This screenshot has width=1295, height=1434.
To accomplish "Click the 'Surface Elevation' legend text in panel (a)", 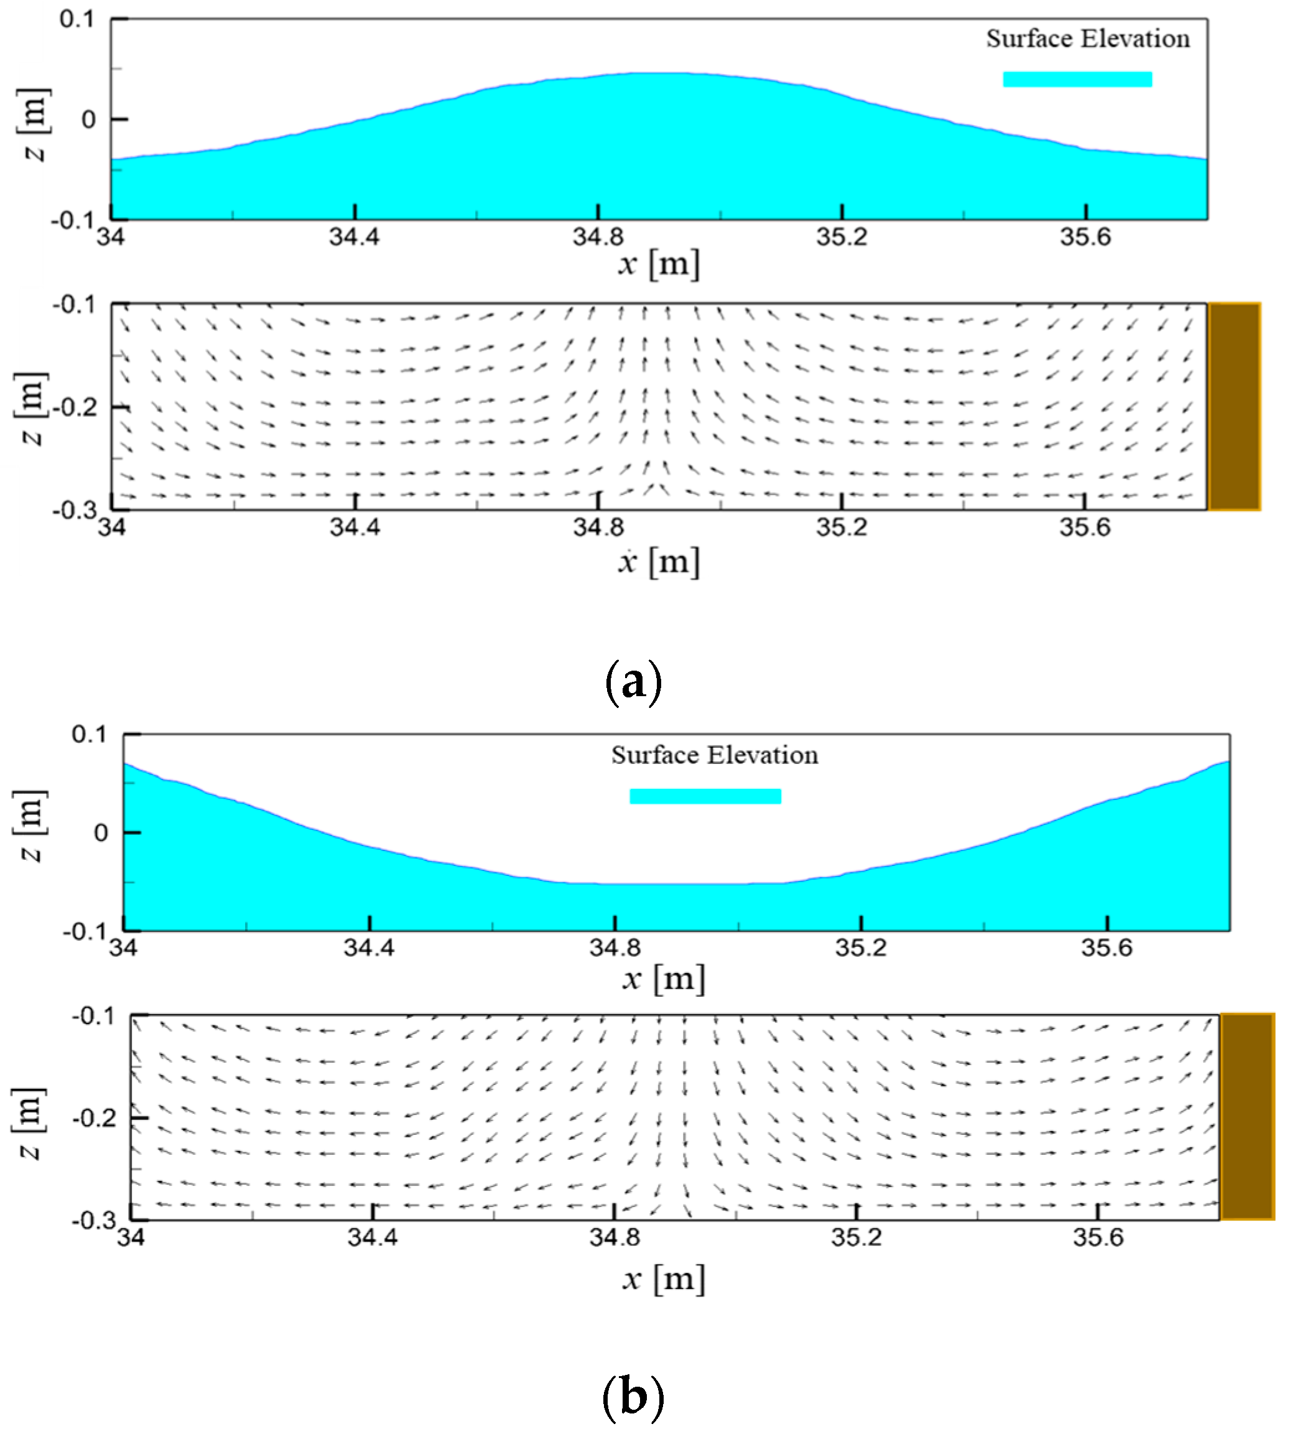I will click(1087, 39).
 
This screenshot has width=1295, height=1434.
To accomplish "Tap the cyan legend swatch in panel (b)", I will click(705, 796).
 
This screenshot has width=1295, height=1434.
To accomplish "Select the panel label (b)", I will click(633, 1398).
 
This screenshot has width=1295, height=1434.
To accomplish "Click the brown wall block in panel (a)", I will click(1235, 406).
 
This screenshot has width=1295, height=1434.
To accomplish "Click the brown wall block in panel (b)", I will click(1247, 1116).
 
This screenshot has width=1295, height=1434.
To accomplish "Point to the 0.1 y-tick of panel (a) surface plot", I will click(76, 19).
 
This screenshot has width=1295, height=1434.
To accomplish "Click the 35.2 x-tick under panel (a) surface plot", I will click(842, 237).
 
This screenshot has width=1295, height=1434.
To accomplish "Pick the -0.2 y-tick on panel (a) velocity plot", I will click(74, 407).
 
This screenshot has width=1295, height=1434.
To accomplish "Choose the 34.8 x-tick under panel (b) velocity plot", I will click(614, 1237).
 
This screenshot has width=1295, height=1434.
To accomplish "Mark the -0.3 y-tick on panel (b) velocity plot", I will click(93, 1220).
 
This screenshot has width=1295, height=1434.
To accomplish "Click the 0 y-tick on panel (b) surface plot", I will click(101, 832).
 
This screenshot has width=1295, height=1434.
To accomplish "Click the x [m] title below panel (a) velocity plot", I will click(659, 562).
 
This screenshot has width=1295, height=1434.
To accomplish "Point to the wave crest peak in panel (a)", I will click(658, 74).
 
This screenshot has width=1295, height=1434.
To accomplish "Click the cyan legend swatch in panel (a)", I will click(1077, 80).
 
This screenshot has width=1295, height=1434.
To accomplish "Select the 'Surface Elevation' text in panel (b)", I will click(714, 755).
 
